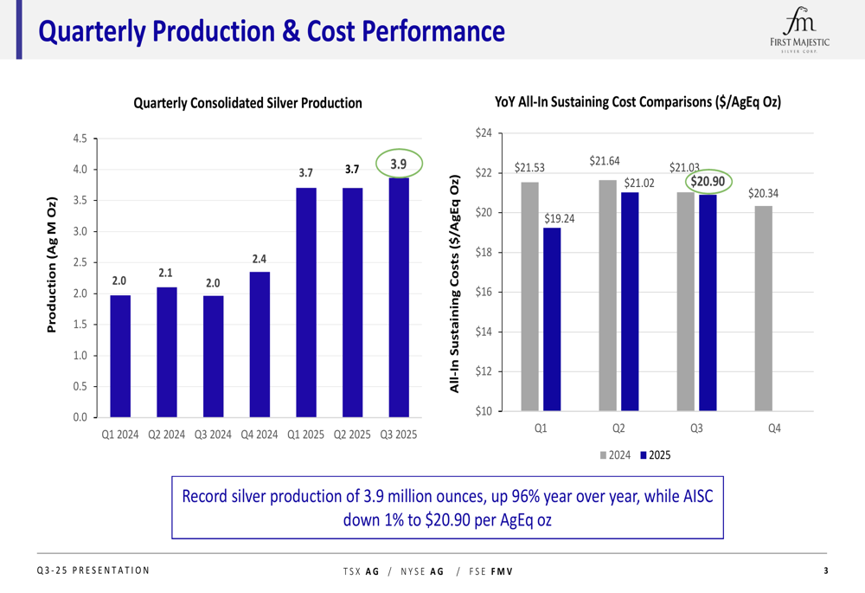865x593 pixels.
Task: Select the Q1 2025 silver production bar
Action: (x=306, y=302)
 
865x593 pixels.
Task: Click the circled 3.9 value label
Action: (x=398, y=164)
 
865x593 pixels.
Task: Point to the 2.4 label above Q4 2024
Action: (x=259, y=259)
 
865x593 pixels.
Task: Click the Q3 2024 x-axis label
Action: (x=213, y=435)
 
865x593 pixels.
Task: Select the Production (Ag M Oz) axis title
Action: (x=51, y=265)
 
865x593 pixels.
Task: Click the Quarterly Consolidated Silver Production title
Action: (x=247, y=103)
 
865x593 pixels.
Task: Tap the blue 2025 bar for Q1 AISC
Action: (x=552, y=319)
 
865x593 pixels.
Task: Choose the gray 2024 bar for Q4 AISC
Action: (x=763, y=308)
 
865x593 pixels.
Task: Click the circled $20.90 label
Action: (x=707, y=181)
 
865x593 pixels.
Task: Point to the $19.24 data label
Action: (x=559, y=217)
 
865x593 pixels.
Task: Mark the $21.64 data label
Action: (x=610, y=161)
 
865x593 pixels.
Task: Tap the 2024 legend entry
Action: (x=615, y=454)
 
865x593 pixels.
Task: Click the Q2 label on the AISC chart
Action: (x=618, y=428)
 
